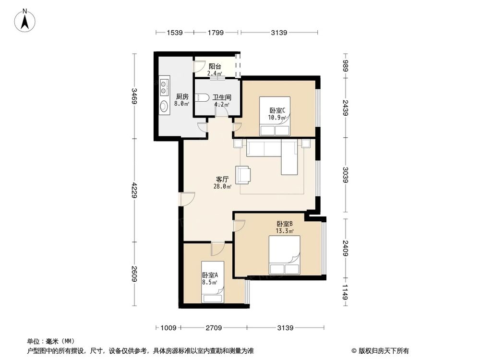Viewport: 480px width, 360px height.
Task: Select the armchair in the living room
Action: [243, 175]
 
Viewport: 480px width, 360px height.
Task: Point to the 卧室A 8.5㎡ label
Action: [210, 278]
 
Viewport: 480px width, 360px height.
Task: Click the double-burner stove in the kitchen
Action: [164, 87]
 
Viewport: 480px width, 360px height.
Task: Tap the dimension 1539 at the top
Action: [174, 33]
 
